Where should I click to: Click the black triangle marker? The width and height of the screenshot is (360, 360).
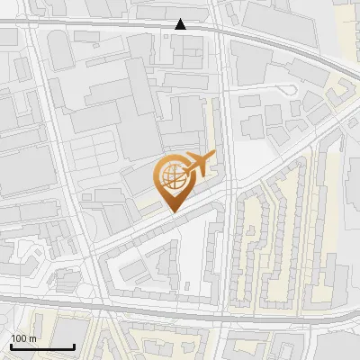pyautogui.click(x=181, y=24)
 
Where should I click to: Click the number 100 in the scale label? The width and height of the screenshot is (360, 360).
pyautogui.click(x=19, y=338)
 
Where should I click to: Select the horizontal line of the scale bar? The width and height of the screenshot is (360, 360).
pyautogui.click(x=42, y=346)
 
